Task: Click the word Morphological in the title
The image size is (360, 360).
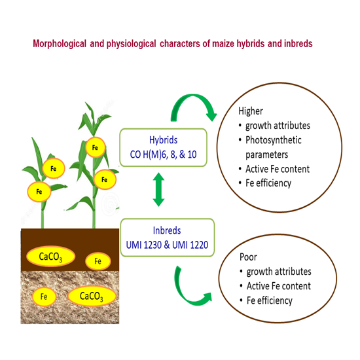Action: (x=60, y=44)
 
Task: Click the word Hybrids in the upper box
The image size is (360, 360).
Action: (x=164, y=141)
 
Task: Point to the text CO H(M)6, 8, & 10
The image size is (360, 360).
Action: (x=164, y=154)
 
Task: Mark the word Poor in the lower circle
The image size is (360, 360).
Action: (x=247, y=257)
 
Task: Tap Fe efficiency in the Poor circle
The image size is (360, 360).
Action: (x=269, y=300)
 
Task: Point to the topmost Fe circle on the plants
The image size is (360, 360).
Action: (x=96, y=148)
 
